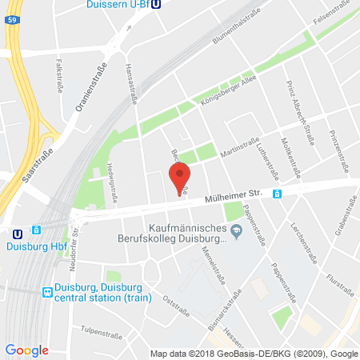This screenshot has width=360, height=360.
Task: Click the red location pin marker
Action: point(182,176)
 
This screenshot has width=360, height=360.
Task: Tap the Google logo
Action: point(26,350)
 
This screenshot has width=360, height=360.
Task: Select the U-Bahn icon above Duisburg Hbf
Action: point(18,234)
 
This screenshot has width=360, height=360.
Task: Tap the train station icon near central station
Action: point(47,293)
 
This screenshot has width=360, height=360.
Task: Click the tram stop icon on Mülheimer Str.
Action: point(277,193)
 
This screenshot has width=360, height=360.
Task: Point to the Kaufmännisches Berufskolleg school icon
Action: point(235,233)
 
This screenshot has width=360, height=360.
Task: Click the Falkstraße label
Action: point(58,72)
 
